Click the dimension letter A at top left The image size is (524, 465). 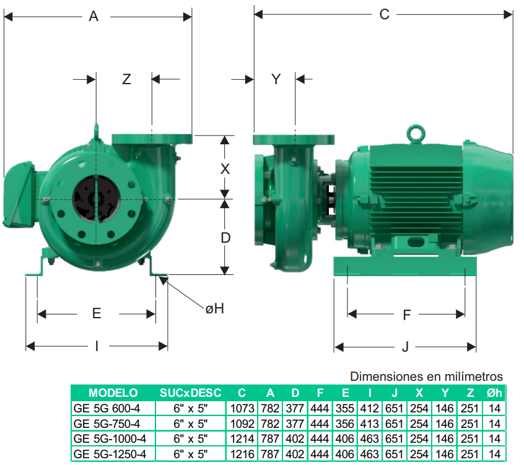[94, 16]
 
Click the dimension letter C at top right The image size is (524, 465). [384, 14]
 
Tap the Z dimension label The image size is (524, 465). [126, 79]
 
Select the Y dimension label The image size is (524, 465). [276, 79]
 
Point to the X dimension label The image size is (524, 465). [225, 169]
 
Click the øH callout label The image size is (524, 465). [214, 309]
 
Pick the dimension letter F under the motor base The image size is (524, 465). [406, 315]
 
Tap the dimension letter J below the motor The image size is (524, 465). [405, 347]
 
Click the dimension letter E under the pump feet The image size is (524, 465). [97, 313]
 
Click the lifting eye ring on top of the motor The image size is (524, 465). [416, 134]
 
